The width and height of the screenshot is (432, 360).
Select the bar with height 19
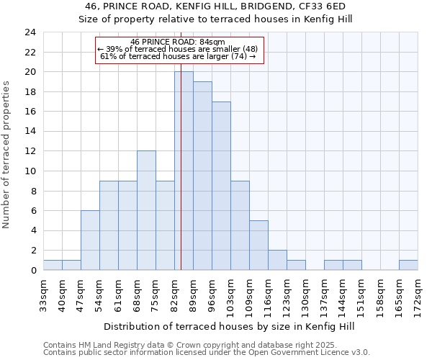point(202,176)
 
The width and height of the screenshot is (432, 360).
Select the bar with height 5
point(258,245)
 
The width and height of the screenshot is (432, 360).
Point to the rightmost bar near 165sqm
point(408,265)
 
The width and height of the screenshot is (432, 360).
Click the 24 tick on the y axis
point(30,32)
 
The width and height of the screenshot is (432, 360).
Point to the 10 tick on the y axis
point(30,171)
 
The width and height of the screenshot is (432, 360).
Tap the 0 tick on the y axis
point(33,271)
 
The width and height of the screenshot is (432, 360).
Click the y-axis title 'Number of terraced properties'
point(7,154)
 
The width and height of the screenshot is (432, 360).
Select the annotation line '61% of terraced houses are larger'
point(177,56)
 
